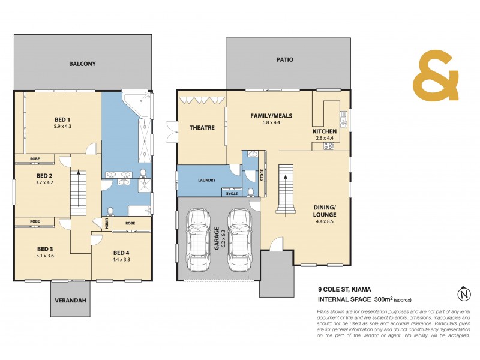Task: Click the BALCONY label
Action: [82, 64]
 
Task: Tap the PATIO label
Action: [284, 60]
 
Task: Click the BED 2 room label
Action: [45, 175]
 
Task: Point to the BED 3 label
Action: [46, 249]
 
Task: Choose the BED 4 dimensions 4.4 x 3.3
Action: [122, 260]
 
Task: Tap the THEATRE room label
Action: [202, 127]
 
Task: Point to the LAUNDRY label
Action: [207, 179]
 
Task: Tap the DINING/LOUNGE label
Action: [325, 211]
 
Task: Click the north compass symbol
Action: [463, 295]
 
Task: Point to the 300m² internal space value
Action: [382, 298]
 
